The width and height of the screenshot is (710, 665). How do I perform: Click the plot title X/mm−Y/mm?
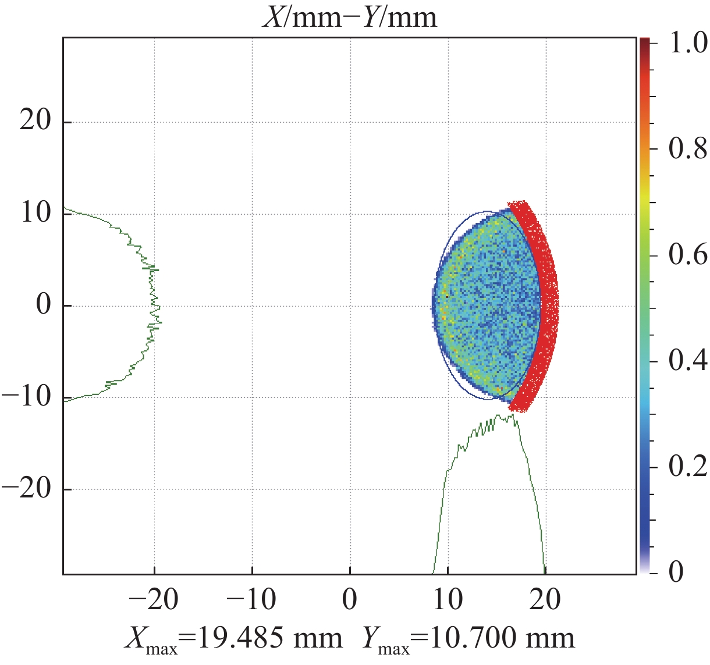[x=349, y=17]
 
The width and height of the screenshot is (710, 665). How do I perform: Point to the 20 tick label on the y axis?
[x=35, y=121]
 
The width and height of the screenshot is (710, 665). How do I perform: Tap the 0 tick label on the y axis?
[x=44, y=305]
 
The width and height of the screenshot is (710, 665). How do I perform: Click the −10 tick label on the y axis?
[x=27, y=397]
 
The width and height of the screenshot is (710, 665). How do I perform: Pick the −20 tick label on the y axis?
[x=27, y=489]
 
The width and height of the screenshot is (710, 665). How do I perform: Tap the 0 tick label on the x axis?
[x=350, y=599]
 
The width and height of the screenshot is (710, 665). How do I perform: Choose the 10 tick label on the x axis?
[x=448, y=599]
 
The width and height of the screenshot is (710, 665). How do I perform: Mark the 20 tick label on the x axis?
[x=545, y=599]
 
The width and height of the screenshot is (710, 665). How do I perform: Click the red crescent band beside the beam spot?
[x=547, y=303]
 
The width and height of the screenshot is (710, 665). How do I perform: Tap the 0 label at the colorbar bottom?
[x=676, y=572]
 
